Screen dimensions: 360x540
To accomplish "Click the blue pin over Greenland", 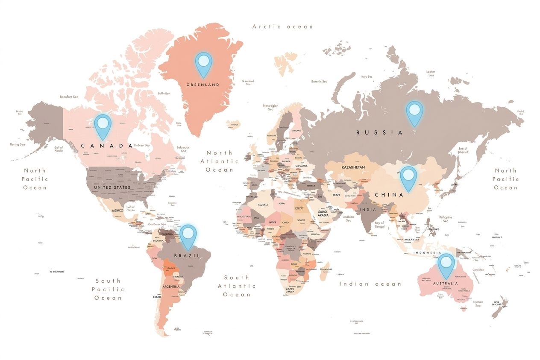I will (204, 63).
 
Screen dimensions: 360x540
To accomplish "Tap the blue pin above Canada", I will (103, 125).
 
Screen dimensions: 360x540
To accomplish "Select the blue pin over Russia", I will (414, 112).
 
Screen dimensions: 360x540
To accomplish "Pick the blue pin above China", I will (409, 177).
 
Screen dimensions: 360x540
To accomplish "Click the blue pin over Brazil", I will (188, 236).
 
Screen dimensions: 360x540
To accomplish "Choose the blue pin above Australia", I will (446, 264).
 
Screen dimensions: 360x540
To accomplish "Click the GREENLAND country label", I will (203, 85).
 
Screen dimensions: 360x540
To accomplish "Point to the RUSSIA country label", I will (379, 132).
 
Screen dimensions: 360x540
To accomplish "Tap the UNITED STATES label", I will (112, 187).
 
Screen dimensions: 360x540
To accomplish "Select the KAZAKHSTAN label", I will (353, 167).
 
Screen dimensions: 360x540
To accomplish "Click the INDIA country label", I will (368, 210).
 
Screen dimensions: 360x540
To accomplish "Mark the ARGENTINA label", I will (171, 287).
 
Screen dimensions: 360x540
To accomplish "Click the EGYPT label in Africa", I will (299, 208).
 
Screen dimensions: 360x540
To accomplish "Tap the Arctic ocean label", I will (282, 26).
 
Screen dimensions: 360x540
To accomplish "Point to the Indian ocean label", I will (370, 284).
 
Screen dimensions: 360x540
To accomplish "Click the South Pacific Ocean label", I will (108, 289).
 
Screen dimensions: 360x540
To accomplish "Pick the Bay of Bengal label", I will (379, 225).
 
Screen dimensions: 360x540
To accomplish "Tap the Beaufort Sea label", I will (69, 97).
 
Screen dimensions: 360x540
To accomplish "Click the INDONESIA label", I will (427, 252).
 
